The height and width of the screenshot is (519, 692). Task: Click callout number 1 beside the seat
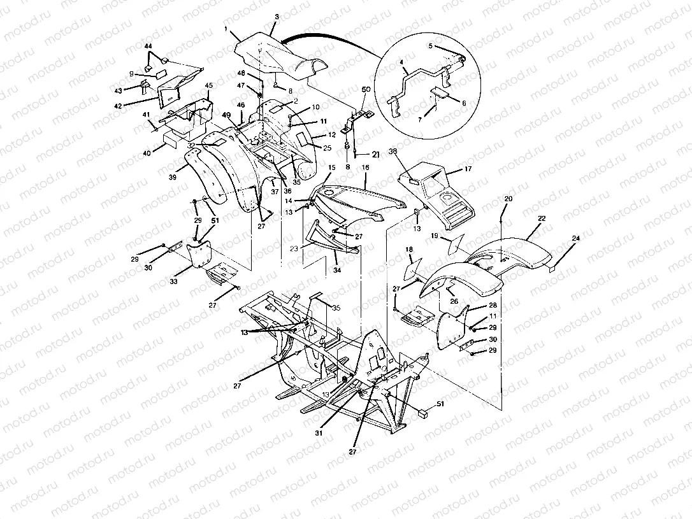coord(226,30)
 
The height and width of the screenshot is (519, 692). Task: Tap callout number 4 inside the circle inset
coord(401,62)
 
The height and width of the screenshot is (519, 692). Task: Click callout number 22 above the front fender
coord(542,218)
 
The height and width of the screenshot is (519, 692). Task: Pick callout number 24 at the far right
coord(575,239)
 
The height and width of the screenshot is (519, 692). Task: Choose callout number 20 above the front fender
coord(508,199)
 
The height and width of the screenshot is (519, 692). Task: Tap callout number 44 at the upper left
coord(148,47)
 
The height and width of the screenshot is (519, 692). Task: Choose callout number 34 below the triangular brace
coord(336,271)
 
